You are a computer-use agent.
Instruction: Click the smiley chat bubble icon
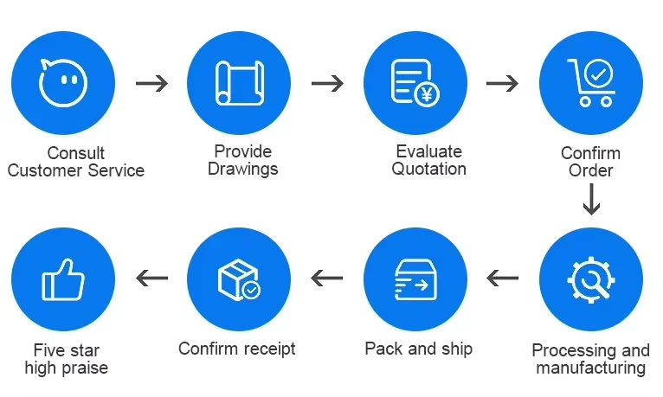(x=63, y=83)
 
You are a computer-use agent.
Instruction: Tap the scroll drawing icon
(x=240, y=83)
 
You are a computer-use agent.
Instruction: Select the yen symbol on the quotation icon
(x=427, y=93)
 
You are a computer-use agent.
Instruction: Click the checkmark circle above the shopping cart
(x=598, y=74)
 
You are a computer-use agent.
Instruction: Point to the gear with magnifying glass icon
(x=590, y=279)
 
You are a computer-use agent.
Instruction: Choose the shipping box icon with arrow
(x=415, y=279)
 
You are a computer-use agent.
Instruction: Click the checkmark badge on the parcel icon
(x=251, y=290)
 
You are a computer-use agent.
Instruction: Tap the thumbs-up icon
(x=63, y=279)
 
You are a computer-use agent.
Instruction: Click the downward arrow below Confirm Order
(x=591, y=200)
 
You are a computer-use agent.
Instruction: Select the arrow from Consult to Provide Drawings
(x=151, y=83)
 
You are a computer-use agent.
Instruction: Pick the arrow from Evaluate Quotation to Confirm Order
(x=502, y=83)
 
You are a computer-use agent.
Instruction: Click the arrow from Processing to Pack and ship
(x=502, y=278)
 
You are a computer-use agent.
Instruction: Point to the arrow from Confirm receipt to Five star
(x=151, y=278)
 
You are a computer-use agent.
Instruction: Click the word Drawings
(x=242, y=169)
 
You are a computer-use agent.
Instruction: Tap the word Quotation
(x=428, y=169)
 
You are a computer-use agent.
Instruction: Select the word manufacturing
(x=590, y=368)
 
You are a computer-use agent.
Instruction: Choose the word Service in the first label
(x=116, y=170)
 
